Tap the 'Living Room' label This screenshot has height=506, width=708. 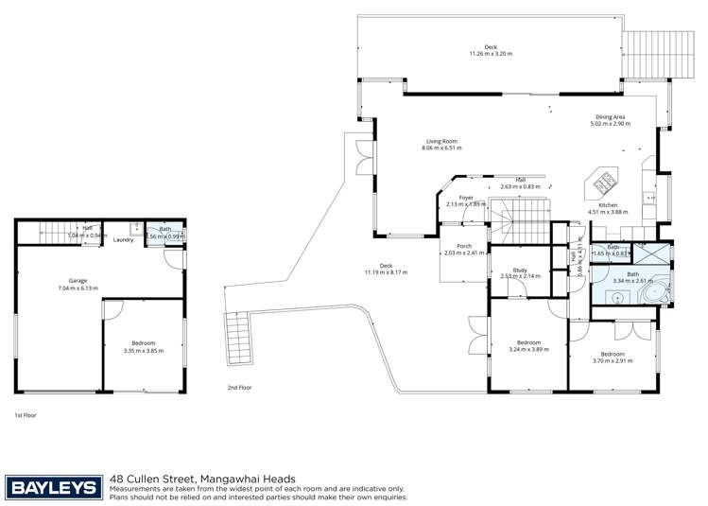point(440,142)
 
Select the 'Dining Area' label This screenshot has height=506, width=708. point(610,117)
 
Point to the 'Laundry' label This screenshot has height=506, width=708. point(123,239)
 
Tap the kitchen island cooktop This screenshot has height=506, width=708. point(601,181)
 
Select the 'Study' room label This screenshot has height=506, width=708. point(519,270)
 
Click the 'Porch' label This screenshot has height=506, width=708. point(463,246)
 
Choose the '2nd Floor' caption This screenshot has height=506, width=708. point(239,388)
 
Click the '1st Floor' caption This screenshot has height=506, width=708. point(25,415)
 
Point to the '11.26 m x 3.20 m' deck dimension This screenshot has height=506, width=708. point(490,54)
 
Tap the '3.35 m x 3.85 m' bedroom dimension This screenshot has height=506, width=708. point(143,350)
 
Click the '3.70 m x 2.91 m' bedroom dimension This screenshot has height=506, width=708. point(611,361)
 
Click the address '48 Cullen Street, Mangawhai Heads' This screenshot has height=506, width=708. point(202,479)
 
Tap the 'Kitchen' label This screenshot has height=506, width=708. point(608,205)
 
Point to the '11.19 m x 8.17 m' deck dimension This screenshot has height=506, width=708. point(385,271)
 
